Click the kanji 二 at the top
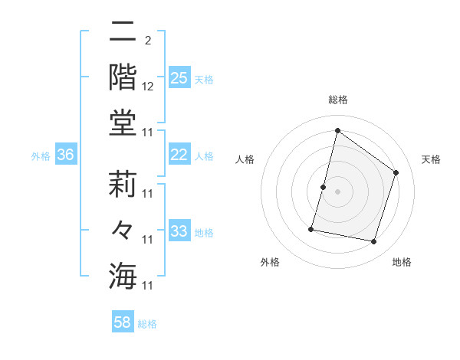click(x=123, y=32)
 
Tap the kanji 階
click(x=123, y=77)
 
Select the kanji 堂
click(x=123, y=123)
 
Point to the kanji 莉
click(x=123, y=185)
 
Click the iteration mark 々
click(x=123, y=230)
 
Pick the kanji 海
click(x=123, y=276)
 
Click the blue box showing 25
click(x=179, y=77)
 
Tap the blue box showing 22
click(x=179, y=155)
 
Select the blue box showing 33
click(x=179, y=231)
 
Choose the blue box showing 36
click(x=66, y=155)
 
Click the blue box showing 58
click(x=123, y=322)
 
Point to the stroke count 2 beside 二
click(x=148, y=41)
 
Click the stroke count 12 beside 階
click(x=148, y=87)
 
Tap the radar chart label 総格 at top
click(x=337, y=100)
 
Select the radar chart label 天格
click(x=431, y=159)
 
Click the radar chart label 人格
click(x=245, y=159)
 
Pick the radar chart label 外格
click(x=270, y=262)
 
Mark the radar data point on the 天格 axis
click(x=396, y=172)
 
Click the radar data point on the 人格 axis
click(x=324, y=187)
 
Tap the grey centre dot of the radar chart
click(x=337, y=191)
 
